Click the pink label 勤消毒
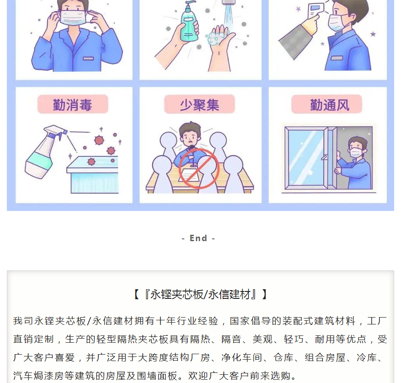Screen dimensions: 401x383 (73, 104)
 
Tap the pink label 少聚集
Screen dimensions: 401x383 (200, 104)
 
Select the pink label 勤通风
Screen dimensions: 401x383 (326, 104)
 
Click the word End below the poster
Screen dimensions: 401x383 (198, 238)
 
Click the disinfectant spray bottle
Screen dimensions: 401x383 (43, 152)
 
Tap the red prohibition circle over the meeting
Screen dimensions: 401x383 (199, 169)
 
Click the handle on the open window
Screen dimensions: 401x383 (324, 157)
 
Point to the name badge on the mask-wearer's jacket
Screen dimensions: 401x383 (88, 59)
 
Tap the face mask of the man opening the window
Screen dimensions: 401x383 (356, 152)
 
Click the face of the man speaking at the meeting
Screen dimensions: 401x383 (190, 138)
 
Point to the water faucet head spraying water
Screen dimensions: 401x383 (228, 2)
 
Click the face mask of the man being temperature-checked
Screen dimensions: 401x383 (336, 22)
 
